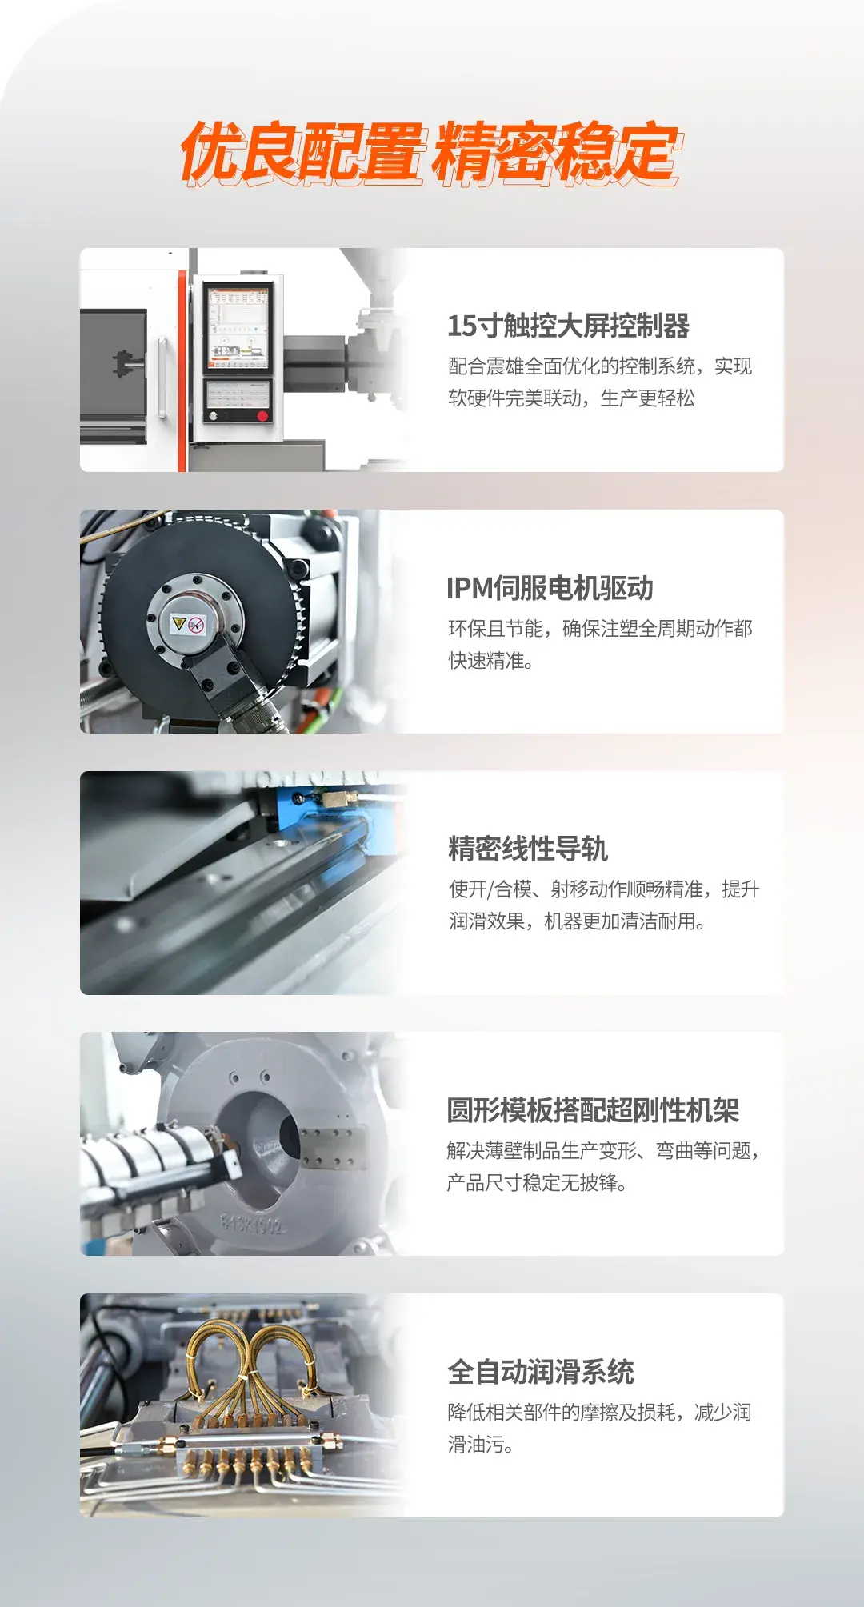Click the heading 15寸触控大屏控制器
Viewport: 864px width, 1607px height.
click(x=568, y=326)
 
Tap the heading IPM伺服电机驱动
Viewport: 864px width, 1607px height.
click(x=550, y=588)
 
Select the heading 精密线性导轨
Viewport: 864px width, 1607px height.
click(x=528, y=849)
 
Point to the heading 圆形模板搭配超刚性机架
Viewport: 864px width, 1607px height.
click(x=593, y=1110)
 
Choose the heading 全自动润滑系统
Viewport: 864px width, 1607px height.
click(x=541, y=1372)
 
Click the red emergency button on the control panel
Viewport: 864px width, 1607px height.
click(x=262, y=416)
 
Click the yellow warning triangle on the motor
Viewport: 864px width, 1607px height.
click(x=179, y=622)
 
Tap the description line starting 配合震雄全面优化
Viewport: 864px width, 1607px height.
click(x=600, y=366)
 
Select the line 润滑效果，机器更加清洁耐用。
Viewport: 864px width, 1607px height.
click(x=577, y=921)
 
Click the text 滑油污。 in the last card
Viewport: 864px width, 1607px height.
click(x=480, y=1445)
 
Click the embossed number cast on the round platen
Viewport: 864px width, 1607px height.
click(x=253, y=1223)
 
